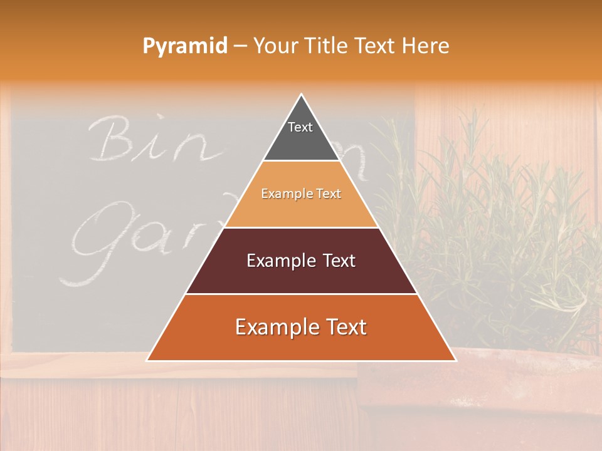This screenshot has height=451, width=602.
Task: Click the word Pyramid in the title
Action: pyautogui.click(x=184, y=46)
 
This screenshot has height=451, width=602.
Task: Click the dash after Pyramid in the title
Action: pyautogui.click(x=240, y=46)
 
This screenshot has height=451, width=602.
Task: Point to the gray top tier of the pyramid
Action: pyautogui.click(x=301, y=141)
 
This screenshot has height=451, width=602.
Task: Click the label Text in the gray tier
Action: pyautogui.click(x=300, y=127)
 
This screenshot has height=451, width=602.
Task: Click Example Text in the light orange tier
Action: pyautogui.click(x=301, y=194)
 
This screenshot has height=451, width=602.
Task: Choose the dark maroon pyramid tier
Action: pyautogui.click(x=301, y=276)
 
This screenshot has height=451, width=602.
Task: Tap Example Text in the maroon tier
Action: pyautogui.click(x=301, y=261)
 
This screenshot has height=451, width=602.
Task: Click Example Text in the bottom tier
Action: pyautogui.click(x=301, y=327)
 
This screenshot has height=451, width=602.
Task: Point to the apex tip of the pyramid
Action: pyautogui.click(x=301, y=95)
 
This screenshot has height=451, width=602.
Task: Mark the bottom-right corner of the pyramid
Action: pyautogui.click(x=455, y=360)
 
